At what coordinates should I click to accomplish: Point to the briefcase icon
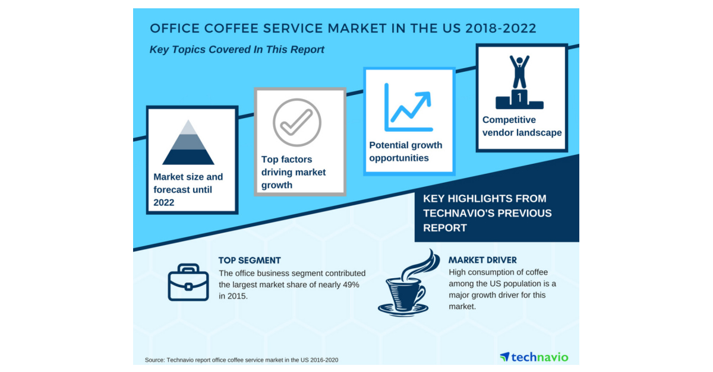click(188, 283)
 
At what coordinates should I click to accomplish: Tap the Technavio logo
click(534, 357)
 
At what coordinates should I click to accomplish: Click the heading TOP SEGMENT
click(250, 260)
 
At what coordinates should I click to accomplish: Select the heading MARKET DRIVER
click(482, 260)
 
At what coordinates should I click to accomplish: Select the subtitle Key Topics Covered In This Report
click(237, 50)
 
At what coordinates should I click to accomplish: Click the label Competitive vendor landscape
click(522, 126)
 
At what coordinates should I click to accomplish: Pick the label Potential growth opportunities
click(406, 151)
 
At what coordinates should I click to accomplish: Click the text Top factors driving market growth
click(294, 172)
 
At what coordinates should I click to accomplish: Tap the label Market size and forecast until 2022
click(188, 189)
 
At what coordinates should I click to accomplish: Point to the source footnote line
click(242, 360)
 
